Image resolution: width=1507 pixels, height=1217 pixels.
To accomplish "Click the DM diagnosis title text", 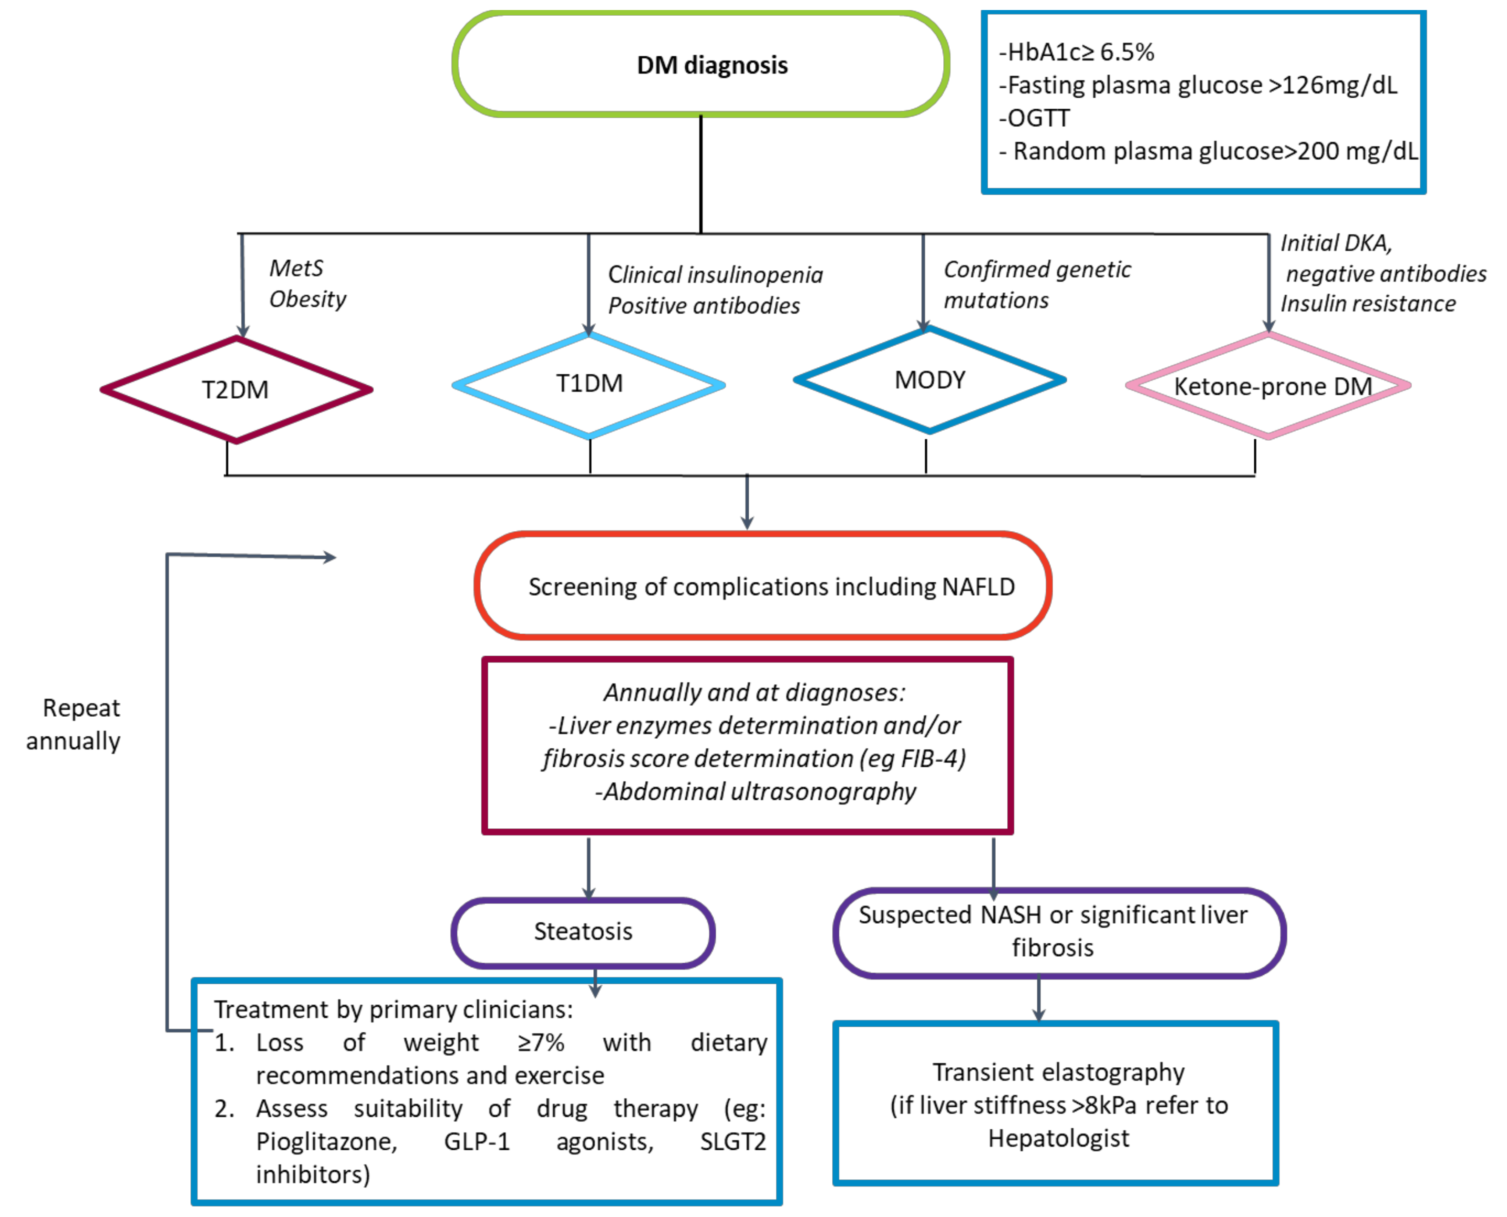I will click(x=712, y=65).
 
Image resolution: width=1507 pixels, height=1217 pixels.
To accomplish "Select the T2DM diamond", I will click(x=236, y=390).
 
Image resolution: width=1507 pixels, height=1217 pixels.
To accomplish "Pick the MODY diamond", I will click(x=929, y=380).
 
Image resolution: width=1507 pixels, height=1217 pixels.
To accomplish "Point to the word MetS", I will click(x=297, y=268).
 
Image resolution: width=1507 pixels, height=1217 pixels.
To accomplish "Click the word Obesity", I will click(x=308, y=299).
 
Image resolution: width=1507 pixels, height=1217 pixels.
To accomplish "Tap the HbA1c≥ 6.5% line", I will click(x=1077, y=52).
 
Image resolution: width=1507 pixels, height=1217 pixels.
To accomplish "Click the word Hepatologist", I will click(x=1058, y=1138).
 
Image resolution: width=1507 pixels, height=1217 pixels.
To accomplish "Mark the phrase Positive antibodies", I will click(x=704, y=306).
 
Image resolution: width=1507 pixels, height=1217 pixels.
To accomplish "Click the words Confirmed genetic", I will click(x=1037, y=269).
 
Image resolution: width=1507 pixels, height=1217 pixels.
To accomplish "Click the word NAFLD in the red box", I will click(x=979, y=587).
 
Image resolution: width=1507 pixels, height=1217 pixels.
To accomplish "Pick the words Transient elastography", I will click(x=1058, y=1072).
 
